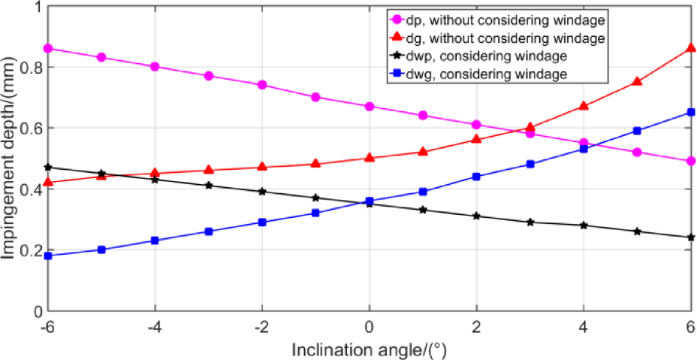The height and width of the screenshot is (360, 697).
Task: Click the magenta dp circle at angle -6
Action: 48,48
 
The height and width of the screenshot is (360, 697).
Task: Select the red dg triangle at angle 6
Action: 690,48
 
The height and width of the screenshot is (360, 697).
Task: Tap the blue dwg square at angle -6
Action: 48,256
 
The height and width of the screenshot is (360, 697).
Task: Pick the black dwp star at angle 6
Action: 690,237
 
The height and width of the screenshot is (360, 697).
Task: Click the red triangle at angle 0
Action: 369,158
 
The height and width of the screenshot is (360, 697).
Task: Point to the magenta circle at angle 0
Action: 369,107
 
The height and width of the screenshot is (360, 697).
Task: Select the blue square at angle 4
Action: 584,149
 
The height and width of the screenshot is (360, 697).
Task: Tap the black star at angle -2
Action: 262,192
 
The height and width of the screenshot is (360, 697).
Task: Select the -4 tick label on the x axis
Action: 154,328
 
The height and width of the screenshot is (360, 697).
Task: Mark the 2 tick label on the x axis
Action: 476,328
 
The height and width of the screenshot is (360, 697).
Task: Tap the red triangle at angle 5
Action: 637,81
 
